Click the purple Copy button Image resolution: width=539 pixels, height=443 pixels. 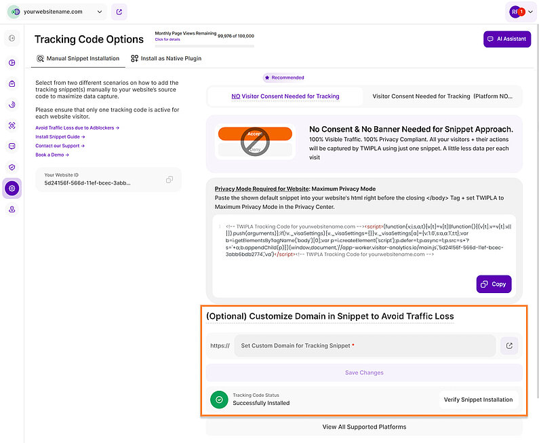(x=494, y=284)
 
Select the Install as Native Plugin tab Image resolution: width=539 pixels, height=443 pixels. (x=166, y=58)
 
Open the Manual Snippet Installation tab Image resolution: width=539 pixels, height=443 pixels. (x=78, y=58)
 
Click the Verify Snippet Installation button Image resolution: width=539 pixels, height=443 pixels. (x=478, y=400)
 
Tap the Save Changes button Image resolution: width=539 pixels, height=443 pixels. (x=364, y=372)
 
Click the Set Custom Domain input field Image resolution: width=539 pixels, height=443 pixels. (x=365, y=345)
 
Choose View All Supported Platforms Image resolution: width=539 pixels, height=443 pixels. (x=364, y=427)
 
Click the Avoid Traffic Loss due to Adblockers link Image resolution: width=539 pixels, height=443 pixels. (x=77, y=128)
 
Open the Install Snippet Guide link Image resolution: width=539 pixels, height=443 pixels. (x=60, y=136)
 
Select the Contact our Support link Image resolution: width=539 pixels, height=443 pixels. (x=60, y=146)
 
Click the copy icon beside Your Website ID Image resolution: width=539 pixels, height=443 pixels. (x=169, y=180)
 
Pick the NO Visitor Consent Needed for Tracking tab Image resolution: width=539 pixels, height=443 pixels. (x=285, y=96)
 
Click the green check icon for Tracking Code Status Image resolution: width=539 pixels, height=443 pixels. (x=219, y=400)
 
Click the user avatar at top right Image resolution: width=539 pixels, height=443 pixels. (x=517, y=12)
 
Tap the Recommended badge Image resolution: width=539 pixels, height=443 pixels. (x=284, y=77)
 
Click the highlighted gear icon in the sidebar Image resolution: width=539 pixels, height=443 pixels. (x=12, y=188)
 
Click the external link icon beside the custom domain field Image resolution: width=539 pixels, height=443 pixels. (x=509, y=345)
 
